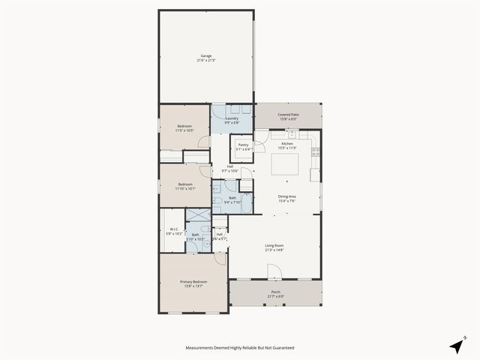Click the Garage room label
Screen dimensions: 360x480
point(205,55)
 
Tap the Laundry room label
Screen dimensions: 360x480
point(232,118)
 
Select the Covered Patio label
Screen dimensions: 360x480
point(288,114)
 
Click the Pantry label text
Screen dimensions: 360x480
point(243,145)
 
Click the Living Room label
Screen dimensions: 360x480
point(274,244)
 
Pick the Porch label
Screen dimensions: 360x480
point(275,292)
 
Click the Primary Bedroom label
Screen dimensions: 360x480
point(193,281)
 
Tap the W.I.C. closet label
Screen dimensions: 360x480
point(173,229)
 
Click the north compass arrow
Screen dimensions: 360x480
point(457,345)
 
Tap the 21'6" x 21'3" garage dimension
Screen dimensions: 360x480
point(205,60)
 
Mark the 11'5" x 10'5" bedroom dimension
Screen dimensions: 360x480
point(184,130)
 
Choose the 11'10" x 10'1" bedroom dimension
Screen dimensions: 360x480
point(185,189)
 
